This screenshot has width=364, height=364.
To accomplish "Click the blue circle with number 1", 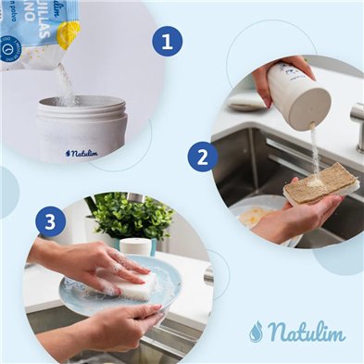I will pyautogui.click(x=168, y=42).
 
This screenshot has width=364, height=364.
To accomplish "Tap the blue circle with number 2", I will pyautogui.click(x=203, y=157).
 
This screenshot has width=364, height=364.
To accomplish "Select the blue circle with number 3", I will pyautogui.click(x=51, y=222).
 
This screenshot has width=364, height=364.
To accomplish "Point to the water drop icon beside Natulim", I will pyautogui.click(x=256, y=332).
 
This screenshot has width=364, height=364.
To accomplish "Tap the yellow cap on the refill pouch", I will pyautogui.click(x=68, y=35).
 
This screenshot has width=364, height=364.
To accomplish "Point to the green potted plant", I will pyautogui.click(x=130, y=218).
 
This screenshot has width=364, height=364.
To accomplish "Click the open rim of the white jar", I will pyautogui.click(x=81, y=104).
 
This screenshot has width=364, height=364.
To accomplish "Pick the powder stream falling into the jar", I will pyautogui.click(x=66, y=83).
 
